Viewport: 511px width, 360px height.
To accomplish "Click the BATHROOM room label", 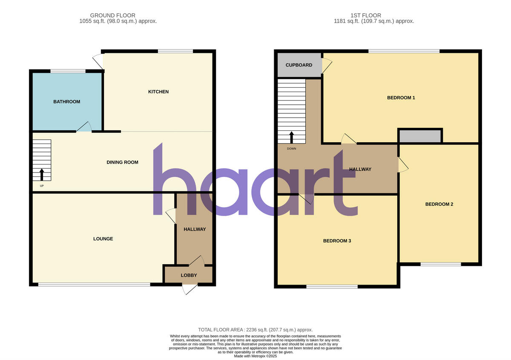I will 66,102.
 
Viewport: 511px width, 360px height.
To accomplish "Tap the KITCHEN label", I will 158,92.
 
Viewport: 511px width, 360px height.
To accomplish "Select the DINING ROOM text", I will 122,162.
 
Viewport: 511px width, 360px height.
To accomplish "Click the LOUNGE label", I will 103,239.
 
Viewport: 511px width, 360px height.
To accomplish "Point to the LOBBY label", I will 189,275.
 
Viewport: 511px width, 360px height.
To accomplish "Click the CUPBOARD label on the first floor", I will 299,65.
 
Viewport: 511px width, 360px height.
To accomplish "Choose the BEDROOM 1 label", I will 401,98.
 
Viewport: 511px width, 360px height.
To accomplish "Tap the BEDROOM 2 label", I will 439,204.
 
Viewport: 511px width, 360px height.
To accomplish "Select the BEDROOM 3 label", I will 337,241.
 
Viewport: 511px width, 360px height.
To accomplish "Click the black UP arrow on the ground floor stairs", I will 42,175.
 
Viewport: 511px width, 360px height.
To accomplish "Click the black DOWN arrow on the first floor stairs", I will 292,137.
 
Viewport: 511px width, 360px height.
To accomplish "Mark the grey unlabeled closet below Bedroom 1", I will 420,136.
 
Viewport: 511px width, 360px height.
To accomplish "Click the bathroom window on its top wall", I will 68,71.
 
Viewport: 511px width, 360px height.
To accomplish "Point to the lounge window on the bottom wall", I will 94,285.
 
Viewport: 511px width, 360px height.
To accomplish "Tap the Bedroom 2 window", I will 441,264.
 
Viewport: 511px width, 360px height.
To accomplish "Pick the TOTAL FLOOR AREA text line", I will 255,330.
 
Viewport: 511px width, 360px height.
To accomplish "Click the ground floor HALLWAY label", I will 195,229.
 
